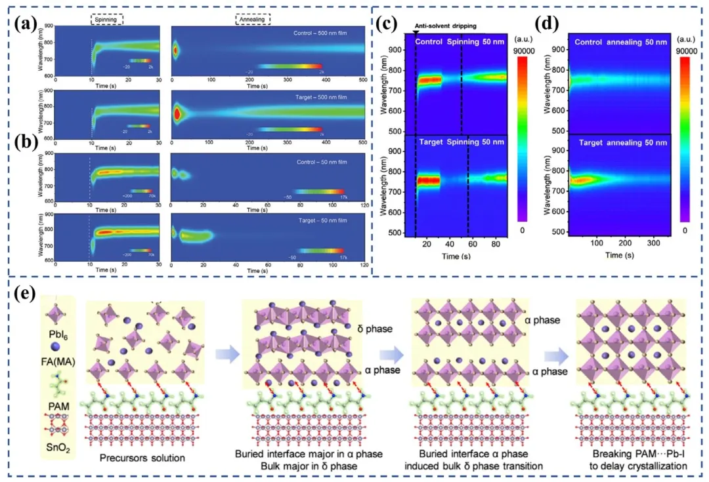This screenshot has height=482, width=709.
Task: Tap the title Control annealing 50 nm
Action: (621, 42)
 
